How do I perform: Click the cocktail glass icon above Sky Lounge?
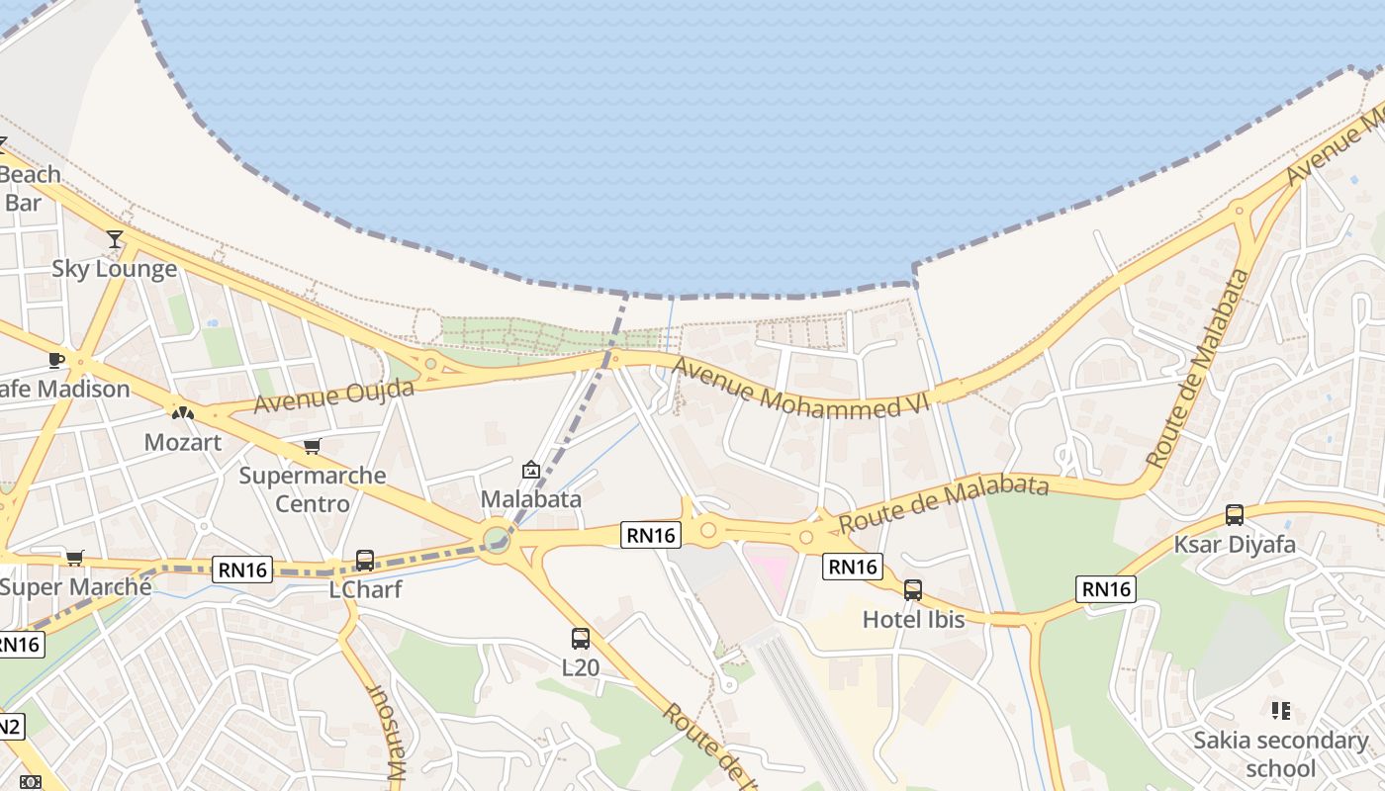coord(115,238)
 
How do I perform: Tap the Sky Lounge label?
coord(115,269)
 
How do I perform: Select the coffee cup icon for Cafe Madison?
coord(56,360)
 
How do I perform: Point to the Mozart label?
coord(183,442)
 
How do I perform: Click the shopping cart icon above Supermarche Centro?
coord(313,446)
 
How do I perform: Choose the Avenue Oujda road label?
coord(333,396)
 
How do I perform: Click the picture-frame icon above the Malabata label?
coord(530,470)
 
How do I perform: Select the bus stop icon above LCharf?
coord(364,561)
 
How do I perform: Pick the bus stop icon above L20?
coord(581,639)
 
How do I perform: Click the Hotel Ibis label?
coord(912,620)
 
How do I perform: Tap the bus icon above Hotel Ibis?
coord(912,590)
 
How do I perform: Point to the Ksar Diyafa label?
coord(1234,545)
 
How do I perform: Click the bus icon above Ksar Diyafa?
coord(1235,514)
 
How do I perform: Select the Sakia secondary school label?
coord(1280,753)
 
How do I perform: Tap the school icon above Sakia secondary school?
coord(1281,710)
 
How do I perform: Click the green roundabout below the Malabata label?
coord(497,540)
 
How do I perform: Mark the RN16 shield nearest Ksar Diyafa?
coord(1106,590)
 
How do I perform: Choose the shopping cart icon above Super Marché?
coord(74,558)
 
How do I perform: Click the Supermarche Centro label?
coord(313,489)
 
